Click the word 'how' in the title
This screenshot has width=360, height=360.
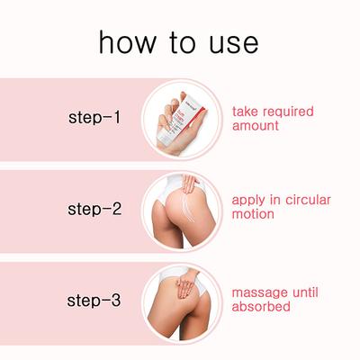pos(128,42)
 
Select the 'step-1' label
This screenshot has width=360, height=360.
pos(94,117)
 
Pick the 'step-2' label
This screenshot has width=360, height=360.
pos(94,209)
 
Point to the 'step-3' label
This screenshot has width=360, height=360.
pos(94,301)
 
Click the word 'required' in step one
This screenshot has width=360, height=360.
pos(288,112)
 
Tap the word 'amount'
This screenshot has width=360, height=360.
pos(256,125)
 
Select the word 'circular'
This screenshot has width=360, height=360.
pos(308,200)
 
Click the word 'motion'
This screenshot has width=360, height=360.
pos(253,214)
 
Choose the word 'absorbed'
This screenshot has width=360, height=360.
pos(261,306)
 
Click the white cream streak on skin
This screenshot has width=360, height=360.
pos(187,207)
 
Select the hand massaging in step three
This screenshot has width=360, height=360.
pos(186,283)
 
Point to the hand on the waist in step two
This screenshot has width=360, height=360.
pos(189,183)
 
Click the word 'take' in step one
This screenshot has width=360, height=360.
pos(245,112)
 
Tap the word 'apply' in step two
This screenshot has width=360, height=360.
pos(248,201)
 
